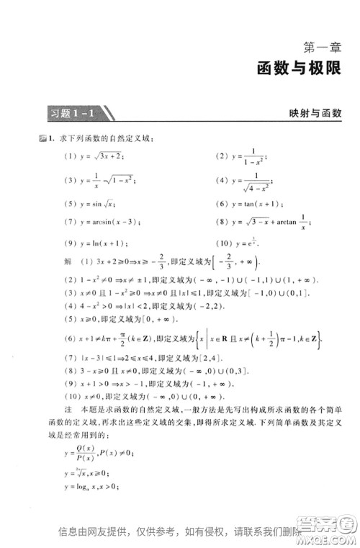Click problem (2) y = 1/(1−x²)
pos(240,156)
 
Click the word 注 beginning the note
pos(68,409)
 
